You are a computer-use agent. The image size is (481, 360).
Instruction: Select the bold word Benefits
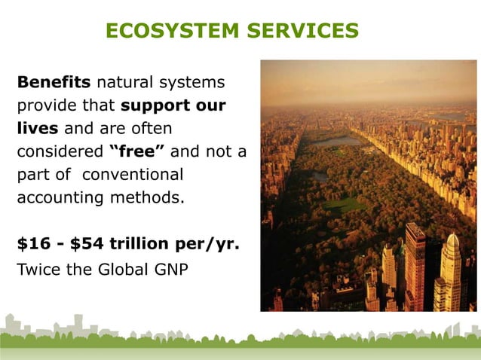point(50,81)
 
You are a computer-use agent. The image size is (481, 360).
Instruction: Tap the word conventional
point(133,175)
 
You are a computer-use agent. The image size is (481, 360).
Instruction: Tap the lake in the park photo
point(336,141)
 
